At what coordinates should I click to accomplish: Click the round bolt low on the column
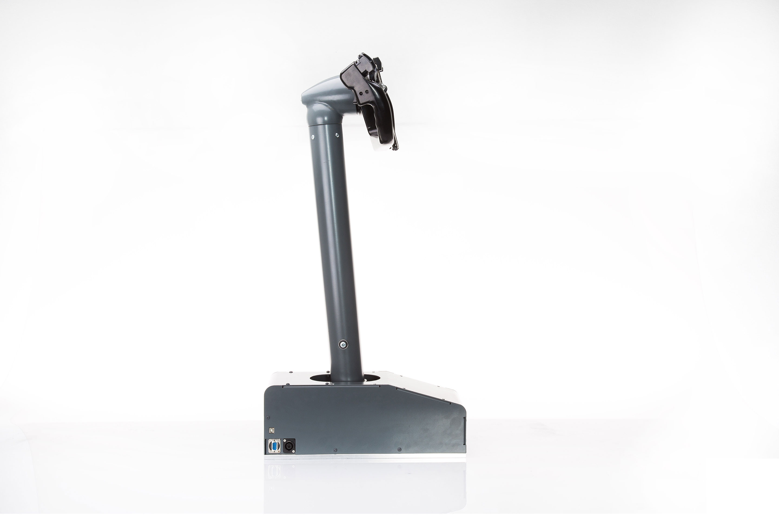tap(343, 345)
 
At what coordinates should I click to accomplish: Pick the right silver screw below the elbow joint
tap(337, 134)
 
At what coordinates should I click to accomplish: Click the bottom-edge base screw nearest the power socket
tap(335, 450)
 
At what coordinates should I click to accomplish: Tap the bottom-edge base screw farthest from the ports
tap(399, 450)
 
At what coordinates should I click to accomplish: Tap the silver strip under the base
tap(364, 456)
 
